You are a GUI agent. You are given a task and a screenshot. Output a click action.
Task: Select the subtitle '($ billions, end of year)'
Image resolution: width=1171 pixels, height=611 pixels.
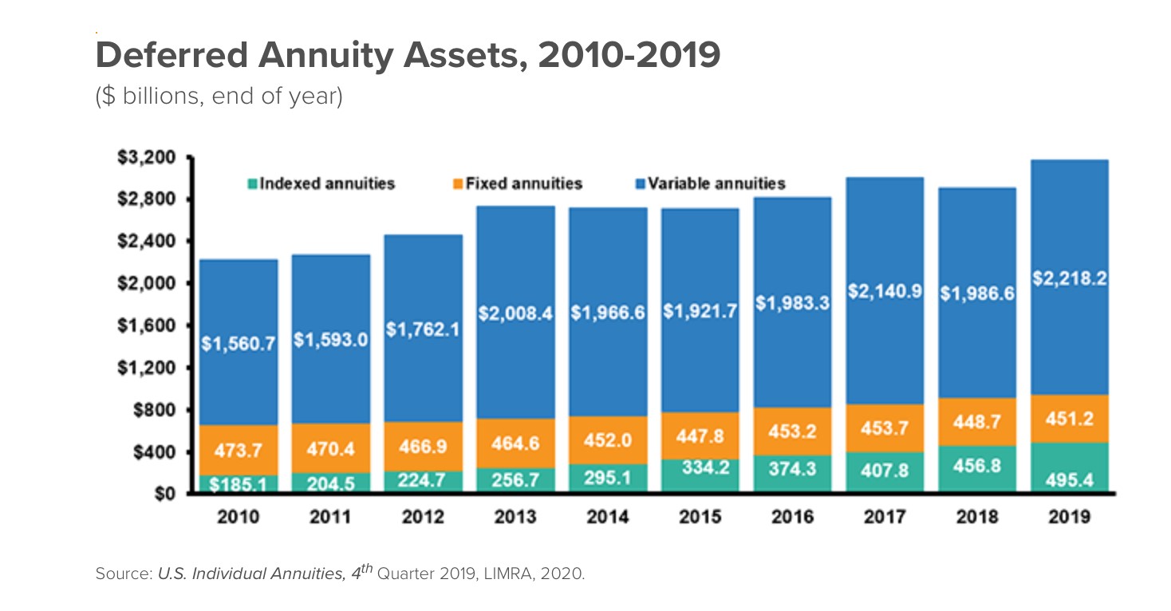click(219, 97)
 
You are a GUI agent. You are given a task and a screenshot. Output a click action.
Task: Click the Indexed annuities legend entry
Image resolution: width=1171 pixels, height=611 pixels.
click(321, 183)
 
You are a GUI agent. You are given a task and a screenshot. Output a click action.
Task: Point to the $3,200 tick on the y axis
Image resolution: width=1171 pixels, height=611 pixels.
click(151, 157)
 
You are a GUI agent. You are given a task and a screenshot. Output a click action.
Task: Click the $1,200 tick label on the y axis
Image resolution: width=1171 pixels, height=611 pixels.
click(151, 368)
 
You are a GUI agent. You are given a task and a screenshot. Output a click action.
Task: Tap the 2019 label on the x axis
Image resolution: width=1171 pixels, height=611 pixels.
click(1070, 517)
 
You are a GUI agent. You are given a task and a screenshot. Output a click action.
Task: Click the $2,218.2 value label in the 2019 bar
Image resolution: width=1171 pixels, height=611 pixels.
click(1070, 280)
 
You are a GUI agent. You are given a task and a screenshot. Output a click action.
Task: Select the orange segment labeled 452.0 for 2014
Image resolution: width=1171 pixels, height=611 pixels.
click(607, 440)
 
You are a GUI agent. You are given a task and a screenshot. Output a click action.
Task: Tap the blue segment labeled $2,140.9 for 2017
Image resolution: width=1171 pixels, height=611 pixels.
click(885, 292)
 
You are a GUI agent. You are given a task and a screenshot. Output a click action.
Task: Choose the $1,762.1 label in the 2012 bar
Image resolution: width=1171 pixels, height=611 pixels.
click(423, 329)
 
